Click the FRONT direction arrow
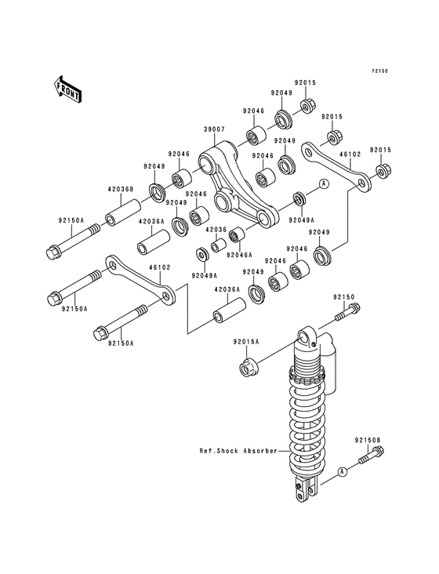coord(67,89)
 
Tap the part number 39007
coord(214,129)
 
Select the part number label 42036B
coord(121,189)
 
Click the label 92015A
coord(246,342)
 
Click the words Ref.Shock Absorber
coord(238,451)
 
